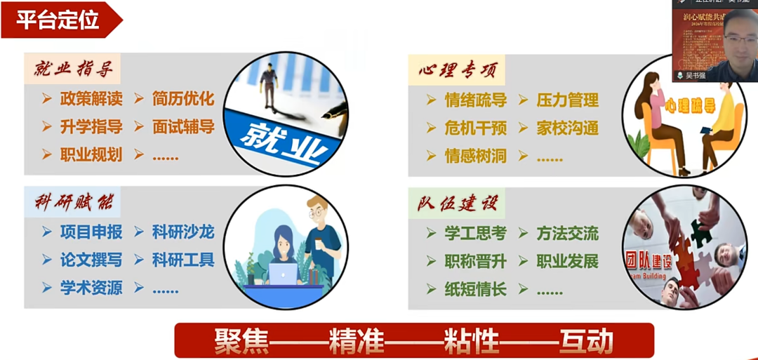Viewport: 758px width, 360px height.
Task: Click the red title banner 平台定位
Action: coord(58,19)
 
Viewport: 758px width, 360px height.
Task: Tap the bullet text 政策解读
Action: coord(91,99)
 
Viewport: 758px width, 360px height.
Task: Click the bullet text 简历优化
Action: coord(183,99)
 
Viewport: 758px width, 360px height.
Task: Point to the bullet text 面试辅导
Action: coord(183,127)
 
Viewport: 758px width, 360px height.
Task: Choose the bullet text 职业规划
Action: coord(91,155)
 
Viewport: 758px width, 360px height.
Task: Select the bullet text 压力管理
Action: coord(567,100)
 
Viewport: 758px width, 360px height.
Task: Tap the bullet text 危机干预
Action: coord(475,128)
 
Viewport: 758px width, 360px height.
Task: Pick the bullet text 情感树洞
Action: coord(475,156)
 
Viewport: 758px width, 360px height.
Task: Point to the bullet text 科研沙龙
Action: coord(183,232)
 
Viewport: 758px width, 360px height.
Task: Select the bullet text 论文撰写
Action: coord(91,260)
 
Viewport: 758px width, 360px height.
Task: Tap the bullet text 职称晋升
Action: coord(475,262)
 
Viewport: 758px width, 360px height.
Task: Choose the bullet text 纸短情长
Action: coord(475,289)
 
